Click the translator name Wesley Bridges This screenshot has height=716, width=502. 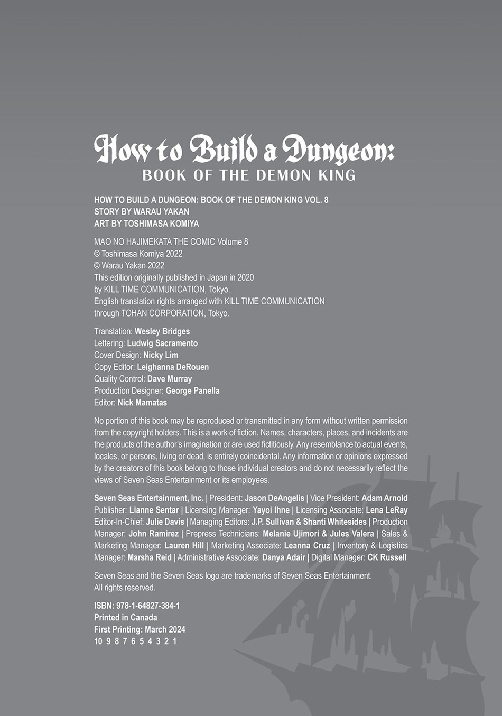click(x=162, y=331)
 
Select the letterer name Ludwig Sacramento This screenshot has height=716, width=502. click(x=162, y=343)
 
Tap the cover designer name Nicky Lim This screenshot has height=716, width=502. click(x=161, y=355)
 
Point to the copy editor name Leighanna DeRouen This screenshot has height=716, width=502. click(x=173, y=367)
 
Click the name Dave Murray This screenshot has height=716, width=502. click(x=170, y=379)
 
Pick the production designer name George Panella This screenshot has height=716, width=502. click(x=192, y=390)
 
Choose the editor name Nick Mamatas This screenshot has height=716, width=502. click(x=142, y=403)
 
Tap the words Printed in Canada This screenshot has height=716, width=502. click(x=126, y=617)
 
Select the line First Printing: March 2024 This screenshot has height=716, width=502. click(x=140, y=629)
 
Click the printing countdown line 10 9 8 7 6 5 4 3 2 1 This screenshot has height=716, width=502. click(x=135, y=641)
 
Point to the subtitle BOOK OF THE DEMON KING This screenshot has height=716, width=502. click(x=249, y=175)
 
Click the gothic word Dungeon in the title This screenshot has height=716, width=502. click(x=338, y=150)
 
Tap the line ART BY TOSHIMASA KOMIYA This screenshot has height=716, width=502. click(x=146, y=224)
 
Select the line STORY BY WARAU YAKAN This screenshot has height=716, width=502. click(x=142, y=211)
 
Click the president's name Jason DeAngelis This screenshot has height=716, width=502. click(x=274, y=498)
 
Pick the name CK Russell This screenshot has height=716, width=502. click(x=387, y=557)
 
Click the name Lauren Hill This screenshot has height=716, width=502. click(x=184, y=545)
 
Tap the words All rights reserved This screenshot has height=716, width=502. click(x=125, y=588)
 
